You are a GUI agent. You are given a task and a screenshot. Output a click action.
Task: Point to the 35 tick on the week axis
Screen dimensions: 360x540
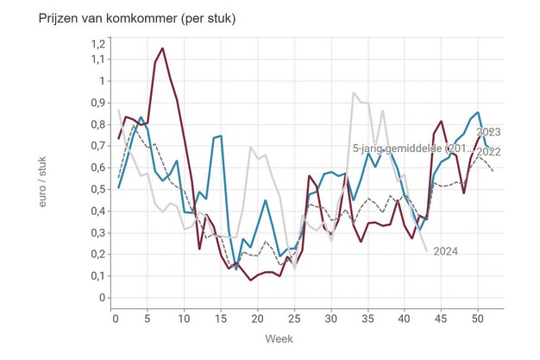(367, 318)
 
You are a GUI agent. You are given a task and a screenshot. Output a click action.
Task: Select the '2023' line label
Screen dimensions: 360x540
(489, 132)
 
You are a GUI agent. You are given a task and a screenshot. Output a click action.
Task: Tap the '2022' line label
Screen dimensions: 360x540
(489, 152)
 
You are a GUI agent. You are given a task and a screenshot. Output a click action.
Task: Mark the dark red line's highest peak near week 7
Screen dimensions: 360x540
(161, 48)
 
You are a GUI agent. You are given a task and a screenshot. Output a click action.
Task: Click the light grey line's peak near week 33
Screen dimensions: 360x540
(354, 93)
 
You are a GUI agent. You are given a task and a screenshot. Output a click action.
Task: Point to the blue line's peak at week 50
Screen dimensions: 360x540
(477, 112)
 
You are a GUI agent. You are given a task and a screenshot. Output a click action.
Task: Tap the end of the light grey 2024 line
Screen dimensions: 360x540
(426, 250)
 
